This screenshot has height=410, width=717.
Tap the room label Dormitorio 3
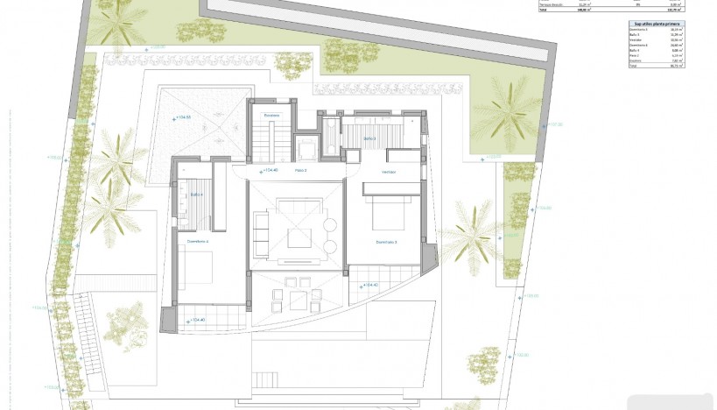pyautogui.click(x=386, y=242)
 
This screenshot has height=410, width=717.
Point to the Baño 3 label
pyautogui.click(x=369, y=138)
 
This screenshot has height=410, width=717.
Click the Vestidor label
pyautogui.click(x=389, y=172)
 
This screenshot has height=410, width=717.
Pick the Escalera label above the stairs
pyautogui.click(x=271, y=116)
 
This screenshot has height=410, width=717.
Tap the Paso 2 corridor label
pyautogui.click(x=301, y=171)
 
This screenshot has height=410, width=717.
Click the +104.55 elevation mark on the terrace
pyautogui.click(x=182, y=117)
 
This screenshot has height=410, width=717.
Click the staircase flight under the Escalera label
pyautogui.click(x=271, y=142)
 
